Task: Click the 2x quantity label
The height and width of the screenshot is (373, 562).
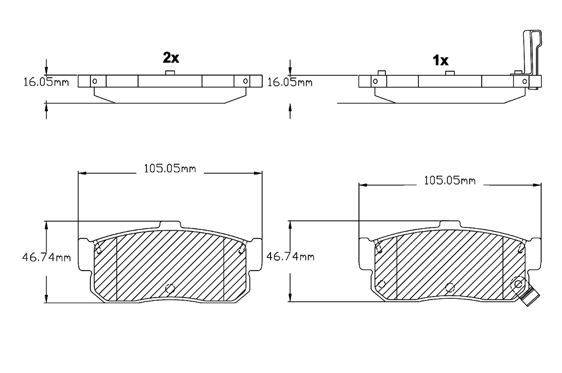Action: point(171,57)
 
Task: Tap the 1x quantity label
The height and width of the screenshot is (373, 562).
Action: point(440,60)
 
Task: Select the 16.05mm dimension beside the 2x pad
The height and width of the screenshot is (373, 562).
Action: point(46,82)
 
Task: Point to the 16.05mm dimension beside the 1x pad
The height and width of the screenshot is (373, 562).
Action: point(290,82)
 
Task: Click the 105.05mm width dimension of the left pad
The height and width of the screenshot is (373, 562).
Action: point(169,168)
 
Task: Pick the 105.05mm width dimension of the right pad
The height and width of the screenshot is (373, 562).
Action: point(450,180)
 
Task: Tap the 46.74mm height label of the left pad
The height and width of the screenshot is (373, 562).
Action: point(46,257)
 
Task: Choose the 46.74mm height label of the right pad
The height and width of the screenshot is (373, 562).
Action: point(290,257)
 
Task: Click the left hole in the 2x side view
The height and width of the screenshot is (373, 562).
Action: point(95,81)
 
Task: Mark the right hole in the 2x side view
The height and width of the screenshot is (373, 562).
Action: point(245,81)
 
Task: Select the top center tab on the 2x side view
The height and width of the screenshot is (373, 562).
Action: point(170,72)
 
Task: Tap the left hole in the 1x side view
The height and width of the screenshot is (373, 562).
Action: point(375,81)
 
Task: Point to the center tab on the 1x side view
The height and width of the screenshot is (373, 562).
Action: point(449,73)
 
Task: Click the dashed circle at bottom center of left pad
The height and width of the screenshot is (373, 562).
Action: point(169,289)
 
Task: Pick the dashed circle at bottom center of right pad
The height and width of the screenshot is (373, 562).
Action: point(449,288)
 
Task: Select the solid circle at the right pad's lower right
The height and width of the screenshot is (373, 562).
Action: point(518,284)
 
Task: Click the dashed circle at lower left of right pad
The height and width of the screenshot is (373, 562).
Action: point(381,284)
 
